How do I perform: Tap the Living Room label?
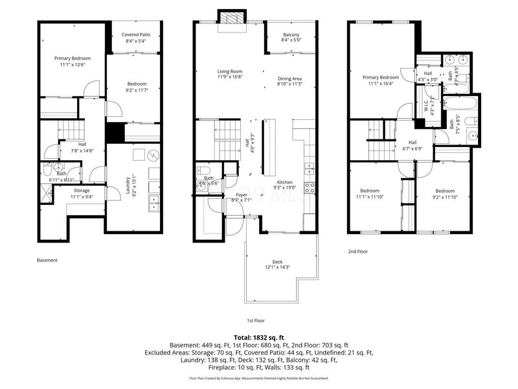[x=229, y=71]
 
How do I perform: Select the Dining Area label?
[x=289, y=79]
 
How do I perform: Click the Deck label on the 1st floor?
[x=277, y=262]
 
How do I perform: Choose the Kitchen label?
[x=285, y=182]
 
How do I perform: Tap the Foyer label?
[x=223, y=194]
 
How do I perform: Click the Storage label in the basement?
[x=81, y=190]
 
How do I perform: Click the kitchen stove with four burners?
[x=310, y=187]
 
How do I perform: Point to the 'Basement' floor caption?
[x=47, y=260]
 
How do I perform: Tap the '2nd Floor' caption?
[x=358, y=251]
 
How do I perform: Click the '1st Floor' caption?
[x=256, y=320]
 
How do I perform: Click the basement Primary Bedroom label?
[x=72, y=58]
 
